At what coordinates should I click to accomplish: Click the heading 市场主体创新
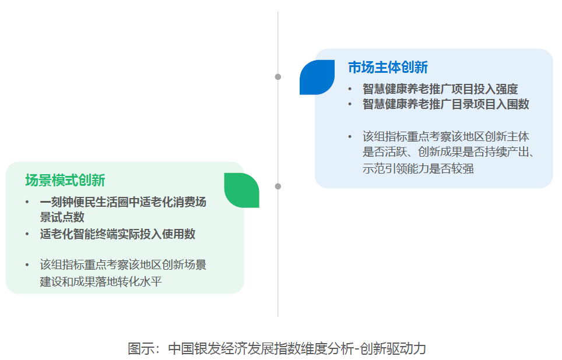pos(388,68)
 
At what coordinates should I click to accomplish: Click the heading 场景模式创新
pos(65,180)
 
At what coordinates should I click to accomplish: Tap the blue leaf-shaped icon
pos(317,77)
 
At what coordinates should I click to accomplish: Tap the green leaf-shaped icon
pos(241,190)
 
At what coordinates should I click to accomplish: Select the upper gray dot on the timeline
pos(278,77)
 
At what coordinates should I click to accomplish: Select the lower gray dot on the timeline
pos(278,186)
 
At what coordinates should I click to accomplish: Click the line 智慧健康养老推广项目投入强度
pos(440,89)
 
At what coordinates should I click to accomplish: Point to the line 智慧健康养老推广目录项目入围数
pos(445,104)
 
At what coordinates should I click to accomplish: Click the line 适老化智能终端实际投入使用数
pos(118,234)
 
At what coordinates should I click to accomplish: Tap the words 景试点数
pos(62,217)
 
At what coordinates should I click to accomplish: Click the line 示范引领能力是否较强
pos(418,168)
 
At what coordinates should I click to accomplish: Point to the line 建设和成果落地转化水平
pos(101,281)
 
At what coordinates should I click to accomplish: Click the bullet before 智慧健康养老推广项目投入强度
pos(350,89)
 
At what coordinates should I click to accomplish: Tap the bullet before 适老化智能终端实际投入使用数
pos(27,235)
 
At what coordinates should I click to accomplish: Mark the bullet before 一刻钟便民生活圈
pos(27,202)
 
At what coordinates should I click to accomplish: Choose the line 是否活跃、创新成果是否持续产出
pos(448,152)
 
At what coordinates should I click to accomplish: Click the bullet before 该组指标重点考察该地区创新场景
pos(27,266)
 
